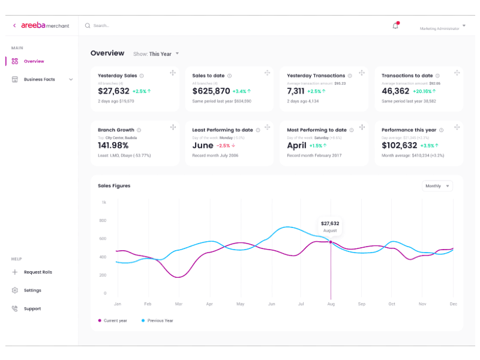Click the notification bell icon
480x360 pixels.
tap(395, 26)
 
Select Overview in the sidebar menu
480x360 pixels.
tap(34, 61)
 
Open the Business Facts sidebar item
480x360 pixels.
tap(40, 79)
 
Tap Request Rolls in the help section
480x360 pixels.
tap(38, 272)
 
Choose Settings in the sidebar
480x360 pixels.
tap(32, 290)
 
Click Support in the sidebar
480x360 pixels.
tap(32, 308)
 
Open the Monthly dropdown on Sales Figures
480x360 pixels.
tap(437, 186)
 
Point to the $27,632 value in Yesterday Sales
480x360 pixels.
tap(113, 91)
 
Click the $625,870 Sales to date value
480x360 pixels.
tap(211, 91)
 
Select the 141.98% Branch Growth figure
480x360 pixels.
tap(113, 145)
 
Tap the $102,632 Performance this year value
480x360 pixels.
tap(399, 145)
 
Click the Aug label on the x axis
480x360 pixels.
tap(330, 304)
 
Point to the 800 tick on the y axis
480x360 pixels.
tap(103, 221)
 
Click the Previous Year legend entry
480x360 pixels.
tap(160, 320)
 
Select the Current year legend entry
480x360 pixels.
tap(115, 320)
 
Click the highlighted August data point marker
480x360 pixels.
tap(330, 242)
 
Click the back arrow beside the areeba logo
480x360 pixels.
tap(14, 26)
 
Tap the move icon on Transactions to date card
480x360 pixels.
tap(457, 73)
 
